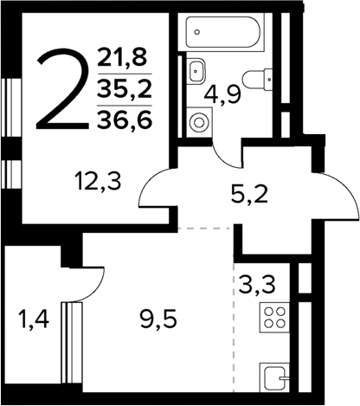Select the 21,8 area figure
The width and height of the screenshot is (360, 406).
click(124, 60)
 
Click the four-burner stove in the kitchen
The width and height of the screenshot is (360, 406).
click(274, 319)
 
